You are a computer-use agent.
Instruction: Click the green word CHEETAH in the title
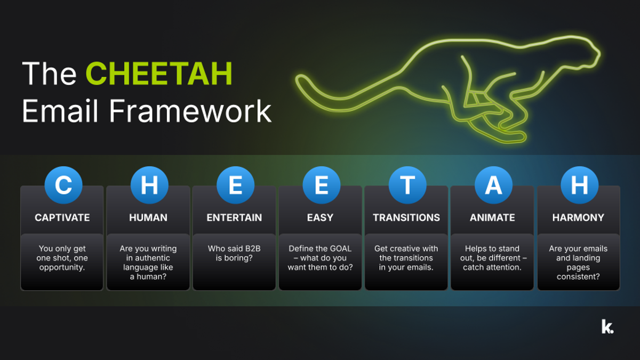tap(159, 74)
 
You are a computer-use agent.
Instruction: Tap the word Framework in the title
tap(189, 111)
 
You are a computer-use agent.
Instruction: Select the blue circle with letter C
tap(63, 185)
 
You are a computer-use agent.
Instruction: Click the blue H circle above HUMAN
tap(149, 185)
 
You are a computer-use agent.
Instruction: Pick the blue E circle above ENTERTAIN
tap(235, 185)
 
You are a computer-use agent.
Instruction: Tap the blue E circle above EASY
tap(321, 185)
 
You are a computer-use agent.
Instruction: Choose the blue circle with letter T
tap(407, 185)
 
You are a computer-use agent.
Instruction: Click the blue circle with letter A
tap(493, 185)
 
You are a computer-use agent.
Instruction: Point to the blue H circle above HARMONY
tap(579, 185)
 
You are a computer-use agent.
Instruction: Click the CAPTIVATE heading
tap(62, 218)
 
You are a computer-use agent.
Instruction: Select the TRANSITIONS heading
tap(406, 218)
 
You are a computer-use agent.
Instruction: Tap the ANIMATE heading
tap(492, 218)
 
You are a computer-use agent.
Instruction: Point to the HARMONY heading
tap(578, 218)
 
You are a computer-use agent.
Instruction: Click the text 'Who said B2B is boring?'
tap(235, 253)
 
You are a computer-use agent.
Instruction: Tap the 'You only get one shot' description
tap(62, 258)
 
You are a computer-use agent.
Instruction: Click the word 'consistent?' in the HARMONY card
tap(578, 277)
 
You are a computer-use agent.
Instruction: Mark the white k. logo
tap(607, 326)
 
